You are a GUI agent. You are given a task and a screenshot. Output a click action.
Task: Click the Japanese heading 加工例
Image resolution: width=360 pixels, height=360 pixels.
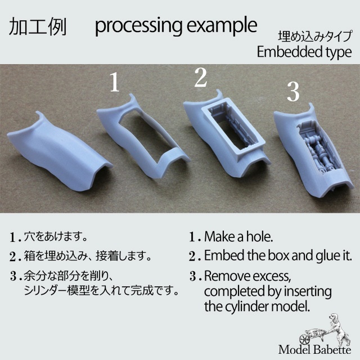38,26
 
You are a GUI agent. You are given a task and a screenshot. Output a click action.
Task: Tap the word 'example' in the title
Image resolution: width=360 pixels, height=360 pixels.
222,26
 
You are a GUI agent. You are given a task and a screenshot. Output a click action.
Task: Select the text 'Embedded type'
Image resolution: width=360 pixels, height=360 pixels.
304,52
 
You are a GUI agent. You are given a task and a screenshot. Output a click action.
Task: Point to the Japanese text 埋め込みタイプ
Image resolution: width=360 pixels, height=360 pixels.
315,37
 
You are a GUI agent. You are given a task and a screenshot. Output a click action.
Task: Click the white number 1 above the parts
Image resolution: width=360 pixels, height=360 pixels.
115,82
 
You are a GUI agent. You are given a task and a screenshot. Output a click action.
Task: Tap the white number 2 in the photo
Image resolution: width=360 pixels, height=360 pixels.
201,78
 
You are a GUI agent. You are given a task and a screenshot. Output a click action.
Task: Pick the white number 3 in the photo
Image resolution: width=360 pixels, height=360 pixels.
294,92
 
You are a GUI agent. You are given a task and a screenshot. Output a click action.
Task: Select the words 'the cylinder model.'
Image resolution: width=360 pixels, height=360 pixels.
257,306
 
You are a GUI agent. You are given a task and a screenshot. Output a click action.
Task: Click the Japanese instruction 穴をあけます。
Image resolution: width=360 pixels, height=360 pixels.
56,236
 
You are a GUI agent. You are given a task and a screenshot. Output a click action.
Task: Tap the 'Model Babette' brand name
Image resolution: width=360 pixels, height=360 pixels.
315,350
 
